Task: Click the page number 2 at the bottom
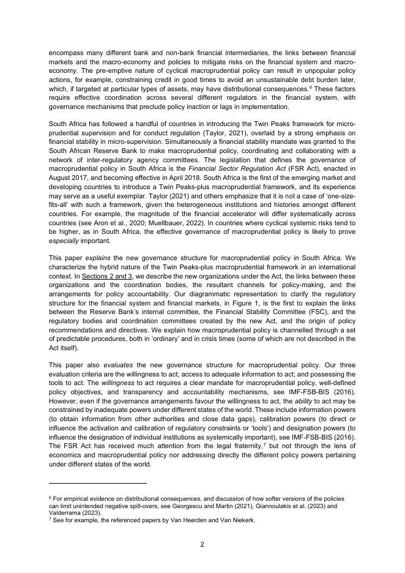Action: (x=202, y=544)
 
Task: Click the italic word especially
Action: (x=65, y=241)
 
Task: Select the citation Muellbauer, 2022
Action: (x=162, y=224)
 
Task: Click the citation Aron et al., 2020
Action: (x=108, y=224)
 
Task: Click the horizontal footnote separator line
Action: (x=97, y=484)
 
